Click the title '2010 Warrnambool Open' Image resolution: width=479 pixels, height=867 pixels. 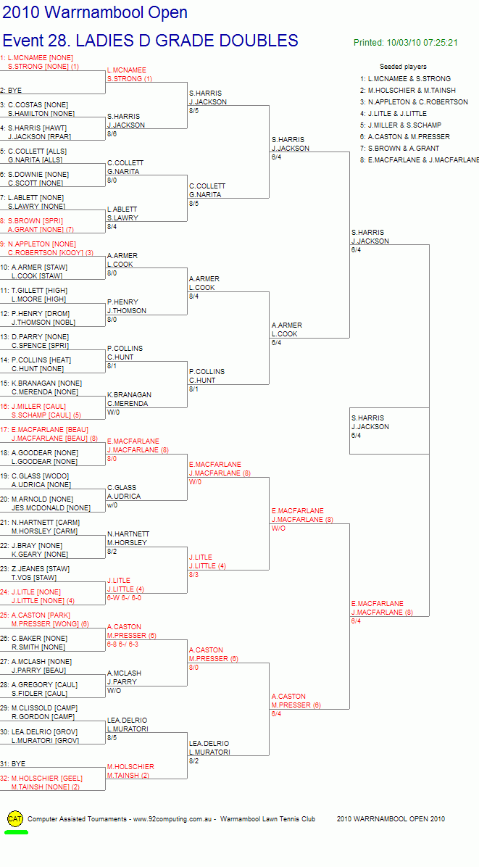[95, 12]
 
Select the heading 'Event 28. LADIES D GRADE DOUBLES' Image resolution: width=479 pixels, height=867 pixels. [150, 41]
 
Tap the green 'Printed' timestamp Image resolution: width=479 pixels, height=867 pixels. [406, 43]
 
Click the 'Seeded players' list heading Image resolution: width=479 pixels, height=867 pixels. [403, 67]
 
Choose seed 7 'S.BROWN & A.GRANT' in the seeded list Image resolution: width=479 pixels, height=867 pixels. [399, 148]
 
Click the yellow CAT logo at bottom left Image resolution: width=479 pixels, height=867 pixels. [15, 819]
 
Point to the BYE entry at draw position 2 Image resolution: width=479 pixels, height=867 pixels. [12, 90]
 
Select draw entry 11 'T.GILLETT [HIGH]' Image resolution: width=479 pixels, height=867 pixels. [34, 290]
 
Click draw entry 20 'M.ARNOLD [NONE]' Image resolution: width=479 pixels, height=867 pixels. [37, 499]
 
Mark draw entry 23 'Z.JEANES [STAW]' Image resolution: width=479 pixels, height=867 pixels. [34, 569]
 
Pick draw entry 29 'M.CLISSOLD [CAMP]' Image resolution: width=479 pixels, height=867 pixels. [39, 708]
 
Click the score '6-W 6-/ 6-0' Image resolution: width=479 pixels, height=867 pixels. [124, 598]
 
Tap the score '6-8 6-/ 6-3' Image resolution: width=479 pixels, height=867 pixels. [122, 644]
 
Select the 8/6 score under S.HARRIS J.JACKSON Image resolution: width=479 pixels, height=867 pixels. [112, 134]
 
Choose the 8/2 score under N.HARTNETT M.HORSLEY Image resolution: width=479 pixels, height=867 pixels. [112, 551]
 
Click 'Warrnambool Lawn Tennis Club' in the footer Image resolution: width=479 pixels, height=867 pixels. [267, 819]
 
